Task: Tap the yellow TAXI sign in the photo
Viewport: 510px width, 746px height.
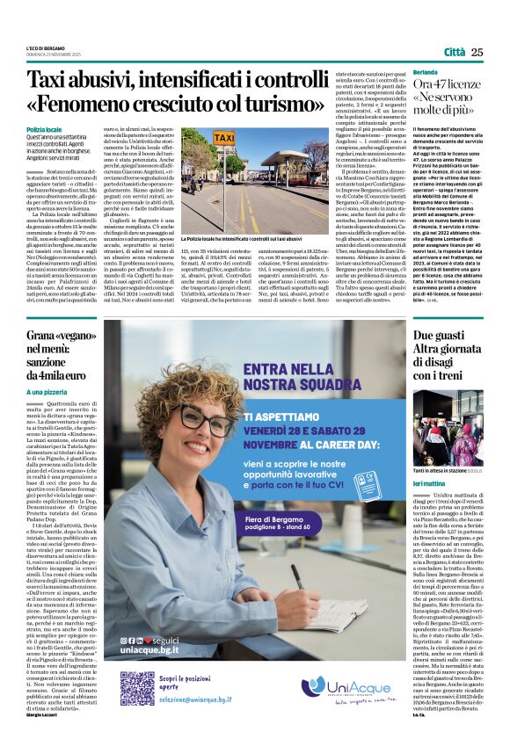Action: [x=200, y=140]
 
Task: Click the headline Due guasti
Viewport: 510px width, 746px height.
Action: [x=436, y=337]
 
